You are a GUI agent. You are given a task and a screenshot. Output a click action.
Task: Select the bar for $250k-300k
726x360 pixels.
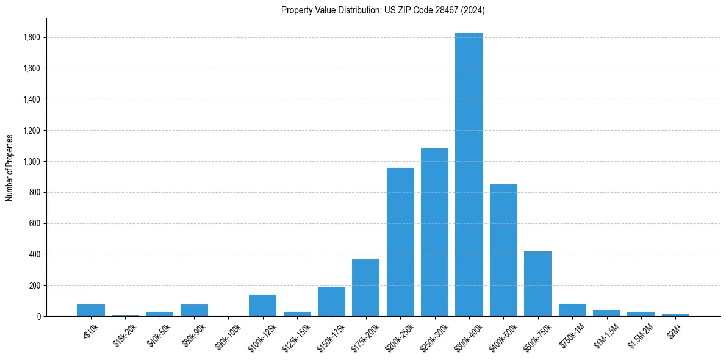434,232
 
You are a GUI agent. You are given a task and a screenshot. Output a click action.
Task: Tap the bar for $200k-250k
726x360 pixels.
400,242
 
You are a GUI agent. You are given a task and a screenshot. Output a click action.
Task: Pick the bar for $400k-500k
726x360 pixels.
503,250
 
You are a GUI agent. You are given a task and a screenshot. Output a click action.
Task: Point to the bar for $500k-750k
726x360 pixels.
537,284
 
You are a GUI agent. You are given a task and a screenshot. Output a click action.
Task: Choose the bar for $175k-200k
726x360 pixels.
365,287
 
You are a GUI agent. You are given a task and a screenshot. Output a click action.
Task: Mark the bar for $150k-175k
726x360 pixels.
331,301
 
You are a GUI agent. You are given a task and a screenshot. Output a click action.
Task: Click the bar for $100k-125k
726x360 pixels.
262,305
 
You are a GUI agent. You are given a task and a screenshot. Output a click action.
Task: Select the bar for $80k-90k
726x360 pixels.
194,310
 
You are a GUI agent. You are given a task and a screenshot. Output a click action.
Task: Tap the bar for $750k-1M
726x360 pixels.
572,310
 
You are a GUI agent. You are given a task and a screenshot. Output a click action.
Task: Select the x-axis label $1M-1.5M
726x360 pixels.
605,335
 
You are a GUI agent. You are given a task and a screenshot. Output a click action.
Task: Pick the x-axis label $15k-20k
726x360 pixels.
126,334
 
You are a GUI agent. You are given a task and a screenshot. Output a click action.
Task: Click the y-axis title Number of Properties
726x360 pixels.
9,167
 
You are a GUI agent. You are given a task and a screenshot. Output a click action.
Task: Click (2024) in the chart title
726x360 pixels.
473,10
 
